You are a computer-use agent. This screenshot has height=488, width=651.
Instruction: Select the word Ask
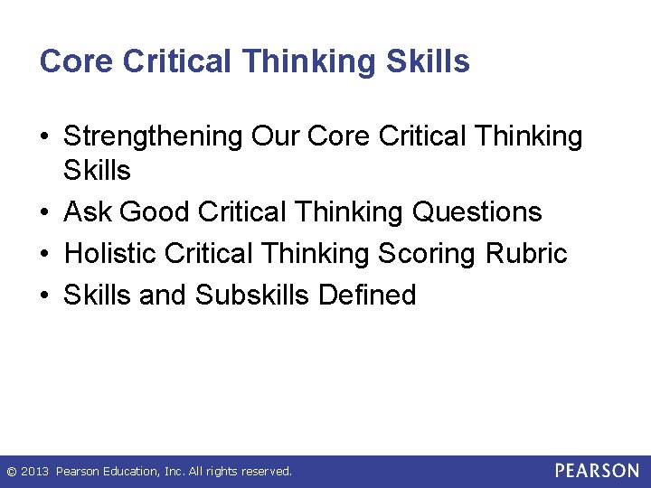click(x=88, y=211)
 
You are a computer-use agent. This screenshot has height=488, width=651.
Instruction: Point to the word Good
click(x=155, y=211)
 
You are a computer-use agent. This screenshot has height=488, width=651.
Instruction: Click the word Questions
click(x=476, y=211)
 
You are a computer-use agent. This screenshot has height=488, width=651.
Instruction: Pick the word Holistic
click(x=111, y=253)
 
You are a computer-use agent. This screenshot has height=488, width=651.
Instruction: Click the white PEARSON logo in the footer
click(x=597, y=471)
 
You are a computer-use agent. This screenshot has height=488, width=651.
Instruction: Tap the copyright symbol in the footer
click(x=11, y=472)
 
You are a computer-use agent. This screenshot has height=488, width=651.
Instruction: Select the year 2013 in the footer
click(x=35, y=472)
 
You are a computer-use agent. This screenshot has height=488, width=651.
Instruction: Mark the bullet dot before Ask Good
click(x=45, y=212)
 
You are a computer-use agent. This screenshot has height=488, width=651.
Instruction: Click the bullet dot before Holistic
click(x=45, y=254)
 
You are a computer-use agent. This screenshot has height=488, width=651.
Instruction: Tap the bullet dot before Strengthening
click(x=45, y=137)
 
